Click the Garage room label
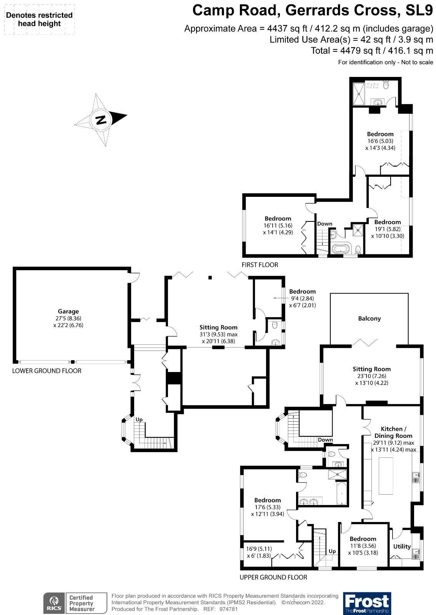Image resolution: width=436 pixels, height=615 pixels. click(x=68, y=311)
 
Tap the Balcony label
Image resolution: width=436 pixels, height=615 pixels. click(x=369, y=319)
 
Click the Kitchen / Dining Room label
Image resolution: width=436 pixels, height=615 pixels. click(x=393, y=432)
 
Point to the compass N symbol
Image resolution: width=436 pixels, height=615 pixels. click(x=101, y=120)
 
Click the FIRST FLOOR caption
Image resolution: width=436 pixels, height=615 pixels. click(x=260, y=265)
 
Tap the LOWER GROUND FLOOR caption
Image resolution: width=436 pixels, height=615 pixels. click(x=47, y=371)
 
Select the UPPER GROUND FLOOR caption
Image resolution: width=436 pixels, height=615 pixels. click(x=273, y=577)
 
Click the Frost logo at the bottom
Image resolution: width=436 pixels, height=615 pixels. click(x=367, y=603)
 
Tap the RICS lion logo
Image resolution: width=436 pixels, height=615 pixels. click(x=54, y=603)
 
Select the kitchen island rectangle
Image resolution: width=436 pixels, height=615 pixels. click(x=386, y=476)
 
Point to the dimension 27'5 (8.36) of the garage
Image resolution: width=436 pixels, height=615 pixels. click(x=68, y=319)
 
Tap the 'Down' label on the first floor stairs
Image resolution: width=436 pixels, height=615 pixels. click(x=325, y=224)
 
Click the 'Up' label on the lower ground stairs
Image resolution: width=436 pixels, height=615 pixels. click(x=139, y=419)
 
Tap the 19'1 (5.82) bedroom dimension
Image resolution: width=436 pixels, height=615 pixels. click(x=388, y=229)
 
